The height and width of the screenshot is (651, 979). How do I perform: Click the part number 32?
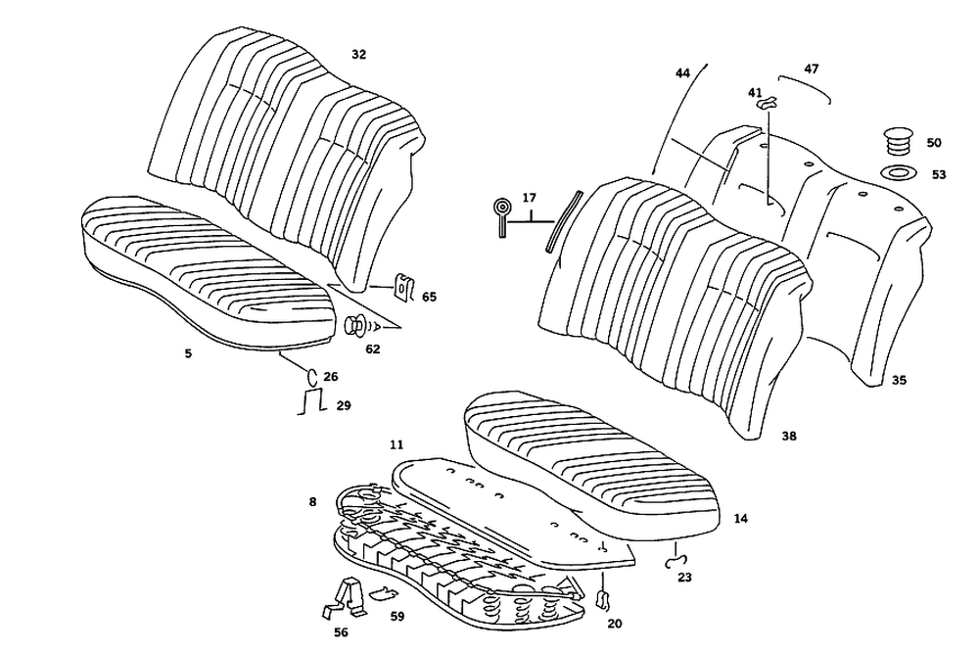[358, 55]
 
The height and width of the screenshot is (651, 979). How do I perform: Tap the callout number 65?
[429, 296]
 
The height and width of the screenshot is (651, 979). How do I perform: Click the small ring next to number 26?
[312, 376]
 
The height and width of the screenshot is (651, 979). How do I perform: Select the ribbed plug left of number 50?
[896, 141]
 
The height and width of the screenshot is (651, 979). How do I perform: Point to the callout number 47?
[812, 70]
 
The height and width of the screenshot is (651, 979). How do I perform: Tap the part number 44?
[682, 73]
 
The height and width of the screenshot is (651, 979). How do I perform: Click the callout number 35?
[899, 380]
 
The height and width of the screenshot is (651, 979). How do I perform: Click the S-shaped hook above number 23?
[675, 561]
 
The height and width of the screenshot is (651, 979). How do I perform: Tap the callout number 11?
[396, 444]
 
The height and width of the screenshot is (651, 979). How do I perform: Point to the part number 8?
[312, 501]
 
